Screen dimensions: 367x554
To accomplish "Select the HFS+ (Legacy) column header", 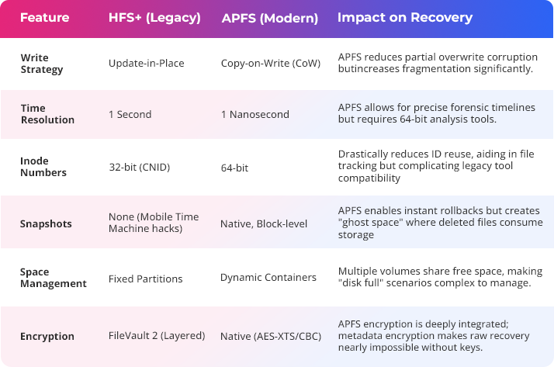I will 154,17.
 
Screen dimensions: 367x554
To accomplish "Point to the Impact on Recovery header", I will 404,17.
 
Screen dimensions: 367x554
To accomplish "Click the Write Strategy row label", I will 41,63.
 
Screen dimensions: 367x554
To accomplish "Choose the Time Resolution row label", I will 47,114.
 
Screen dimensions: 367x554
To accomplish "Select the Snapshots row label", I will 46,224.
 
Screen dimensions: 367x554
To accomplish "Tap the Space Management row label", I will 53,278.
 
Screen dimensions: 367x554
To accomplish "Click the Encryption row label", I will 47,337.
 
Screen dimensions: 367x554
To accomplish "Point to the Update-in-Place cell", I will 145,62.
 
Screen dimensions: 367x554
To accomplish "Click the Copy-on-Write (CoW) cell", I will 268,62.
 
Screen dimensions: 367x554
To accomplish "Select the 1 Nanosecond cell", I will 254,114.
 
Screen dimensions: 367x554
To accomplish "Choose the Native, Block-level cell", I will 264,223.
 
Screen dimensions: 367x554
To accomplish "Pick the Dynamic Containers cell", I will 268,277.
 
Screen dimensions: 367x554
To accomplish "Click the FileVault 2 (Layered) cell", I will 157,336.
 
